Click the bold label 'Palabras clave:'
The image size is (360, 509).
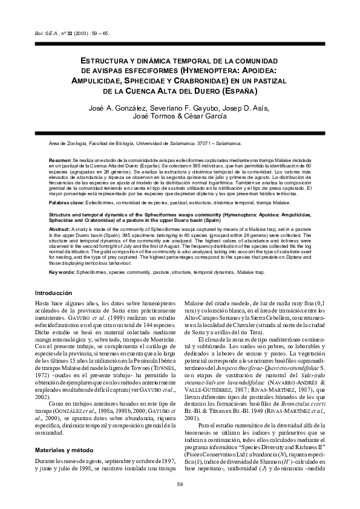[66, 204]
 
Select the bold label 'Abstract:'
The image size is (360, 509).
[59, 230]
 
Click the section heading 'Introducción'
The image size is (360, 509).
[54, 293]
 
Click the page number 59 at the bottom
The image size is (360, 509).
[180, 484]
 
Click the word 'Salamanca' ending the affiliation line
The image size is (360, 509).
[227, 144]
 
